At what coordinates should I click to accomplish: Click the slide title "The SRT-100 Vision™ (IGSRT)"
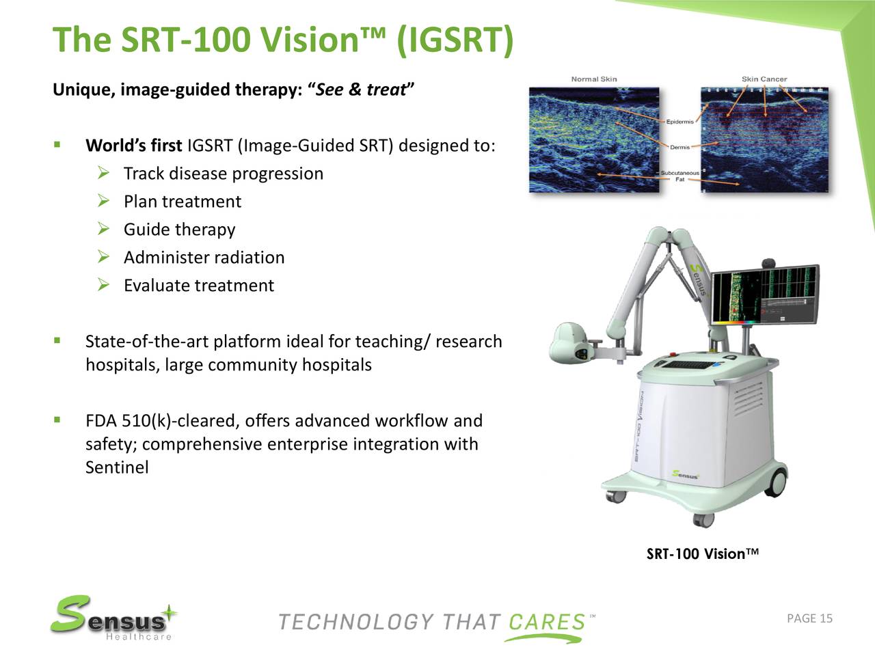282,40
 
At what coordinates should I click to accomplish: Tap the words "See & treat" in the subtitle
362,90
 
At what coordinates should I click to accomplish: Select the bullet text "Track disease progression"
223,174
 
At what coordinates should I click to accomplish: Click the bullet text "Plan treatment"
182,202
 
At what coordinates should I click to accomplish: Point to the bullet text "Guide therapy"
179,230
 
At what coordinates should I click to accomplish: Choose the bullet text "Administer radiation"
204,258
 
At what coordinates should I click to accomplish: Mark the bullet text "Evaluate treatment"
198,286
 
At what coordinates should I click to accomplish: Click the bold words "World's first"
133,146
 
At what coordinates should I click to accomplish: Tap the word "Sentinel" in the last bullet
117,468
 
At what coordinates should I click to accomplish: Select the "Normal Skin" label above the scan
593,79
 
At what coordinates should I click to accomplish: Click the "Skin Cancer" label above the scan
764,79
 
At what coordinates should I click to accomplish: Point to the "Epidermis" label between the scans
679,122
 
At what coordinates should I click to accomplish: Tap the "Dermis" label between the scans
679,148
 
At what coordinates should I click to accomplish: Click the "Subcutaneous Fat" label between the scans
679,176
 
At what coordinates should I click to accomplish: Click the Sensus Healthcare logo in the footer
113,618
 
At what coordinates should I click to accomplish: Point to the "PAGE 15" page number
809,619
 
